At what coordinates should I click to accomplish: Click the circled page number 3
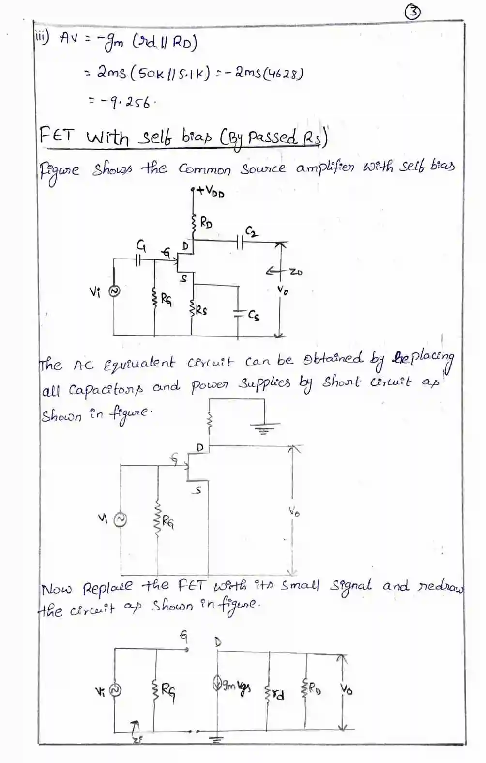413,13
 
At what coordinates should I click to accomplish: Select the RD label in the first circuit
206,223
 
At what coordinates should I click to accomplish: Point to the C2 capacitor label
252,231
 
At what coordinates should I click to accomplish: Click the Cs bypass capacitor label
254,316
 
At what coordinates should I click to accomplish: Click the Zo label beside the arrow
295,272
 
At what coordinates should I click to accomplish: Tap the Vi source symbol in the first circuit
114,291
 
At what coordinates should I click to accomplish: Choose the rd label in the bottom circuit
278,694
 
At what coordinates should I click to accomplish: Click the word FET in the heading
57,135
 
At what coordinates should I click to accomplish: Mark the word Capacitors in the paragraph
106,389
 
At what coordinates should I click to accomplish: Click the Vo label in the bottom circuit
346,689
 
